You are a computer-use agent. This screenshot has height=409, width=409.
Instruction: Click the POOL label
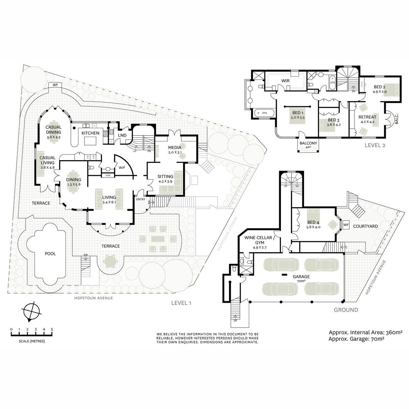pos(50,254)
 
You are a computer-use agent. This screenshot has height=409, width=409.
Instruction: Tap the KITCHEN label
pos(90,133)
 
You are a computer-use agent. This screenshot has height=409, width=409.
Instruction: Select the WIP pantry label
pos(122,168)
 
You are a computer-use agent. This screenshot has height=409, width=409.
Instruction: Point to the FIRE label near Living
pos(108,175)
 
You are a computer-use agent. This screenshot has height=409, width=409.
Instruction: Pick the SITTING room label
pos(165,176)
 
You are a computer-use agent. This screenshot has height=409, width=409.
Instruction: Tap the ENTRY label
pos(140,199)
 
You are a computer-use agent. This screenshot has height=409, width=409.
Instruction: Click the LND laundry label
pos(122,135)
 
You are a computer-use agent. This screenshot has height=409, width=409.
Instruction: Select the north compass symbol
pos(31,311)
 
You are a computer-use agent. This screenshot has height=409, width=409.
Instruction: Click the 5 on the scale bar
pos(52,329)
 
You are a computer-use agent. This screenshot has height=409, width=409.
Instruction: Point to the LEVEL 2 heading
pos(375,145)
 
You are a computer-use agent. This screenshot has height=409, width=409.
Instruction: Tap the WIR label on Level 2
pos(285,81)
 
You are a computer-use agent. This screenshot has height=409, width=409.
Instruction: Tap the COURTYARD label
pos(365,226)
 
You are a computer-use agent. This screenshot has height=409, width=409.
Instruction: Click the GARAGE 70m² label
pos(301,279)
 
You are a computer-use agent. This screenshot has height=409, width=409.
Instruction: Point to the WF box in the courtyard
pos(346,225)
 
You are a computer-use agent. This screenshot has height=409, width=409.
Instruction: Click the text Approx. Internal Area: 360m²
pos(365,332)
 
